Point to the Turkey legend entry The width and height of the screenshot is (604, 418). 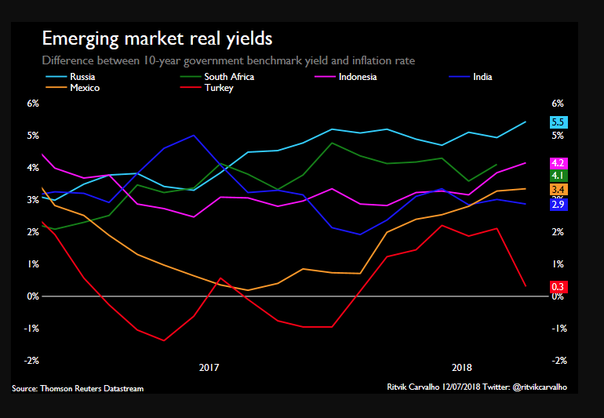[219, 88]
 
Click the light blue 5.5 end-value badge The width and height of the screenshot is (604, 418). [559, 122]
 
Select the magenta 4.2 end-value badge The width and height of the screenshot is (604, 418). [559, 163]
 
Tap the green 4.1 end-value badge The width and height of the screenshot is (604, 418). [559, 176]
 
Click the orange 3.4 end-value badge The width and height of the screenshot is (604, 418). [559, 190]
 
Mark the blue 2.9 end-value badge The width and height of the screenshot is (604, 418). [559, 204]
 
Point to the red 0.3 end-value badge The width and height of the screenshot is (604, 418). [559, 287]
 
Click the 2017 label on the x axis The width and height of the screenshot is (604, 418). [209, 367]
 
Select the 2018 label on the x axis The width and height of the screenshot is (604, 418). [462, 367]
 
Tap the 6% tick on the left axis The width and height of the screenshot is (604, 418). [33, 104]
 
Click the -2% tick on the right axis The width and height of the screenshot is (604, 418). [559, 361]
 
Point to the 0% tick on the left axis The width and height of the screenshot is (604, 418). [33, 296]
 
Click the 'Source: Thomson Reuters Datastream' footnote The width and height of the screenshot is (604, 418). [78, 388]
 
